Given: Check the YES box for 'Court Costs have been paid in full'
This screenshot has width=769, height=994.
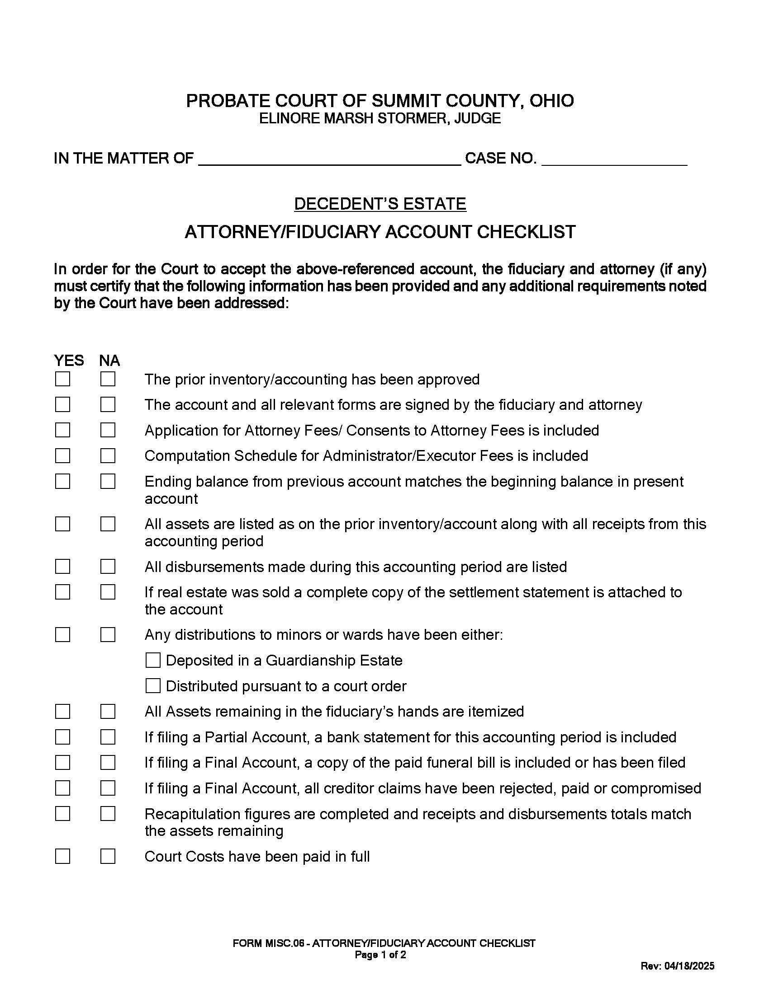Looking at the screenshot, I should tap(62, 856).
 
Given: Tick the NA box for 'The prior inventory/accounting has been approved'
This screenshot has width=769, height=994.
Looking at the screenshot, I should tap(108, 379).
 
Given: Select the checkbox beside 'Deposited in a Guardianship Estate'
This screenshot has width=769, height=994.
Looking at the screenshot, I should tap(153, 660).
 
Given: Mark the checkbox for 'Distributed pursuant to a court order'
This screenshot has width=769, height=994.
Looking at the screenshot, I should tap(153, 685).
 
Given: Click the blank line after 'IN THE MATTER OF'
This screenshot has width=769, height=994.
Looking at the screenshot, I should tap(330, 159).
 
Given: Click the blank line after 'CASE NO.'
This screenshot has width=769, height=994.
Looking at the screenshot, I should tap(614, 159).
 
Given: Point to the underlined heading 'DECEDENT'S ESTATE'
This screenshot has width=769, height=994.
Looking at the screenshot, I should tap(380, 203).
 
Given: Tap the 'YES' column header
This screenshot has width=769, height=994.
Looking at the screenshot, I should tap(69, 361).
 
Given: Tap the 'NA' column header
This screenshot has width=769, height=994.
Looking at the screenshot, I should tap(109, 361).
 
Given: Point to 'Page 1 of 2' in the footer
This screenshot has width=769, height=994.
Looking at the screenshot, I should tap(380, 955).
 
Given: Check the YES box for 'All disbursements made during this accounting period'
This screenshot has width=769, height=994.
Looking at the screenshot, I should tap(62, 567).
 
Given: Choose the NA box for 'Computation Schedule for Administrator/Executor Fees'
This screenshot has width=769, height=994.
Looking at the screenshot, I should tap(108, 455).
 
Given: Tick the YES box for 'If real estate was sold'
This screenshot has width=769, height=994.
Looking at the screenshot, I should tap(62, 592).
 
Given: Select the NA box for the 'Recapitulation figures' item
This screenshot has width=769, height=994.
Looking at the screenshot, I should tap(108, 813).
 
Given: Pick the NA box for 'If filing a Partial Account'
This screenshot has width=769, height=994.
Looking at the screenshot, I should tap(108, 737).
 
